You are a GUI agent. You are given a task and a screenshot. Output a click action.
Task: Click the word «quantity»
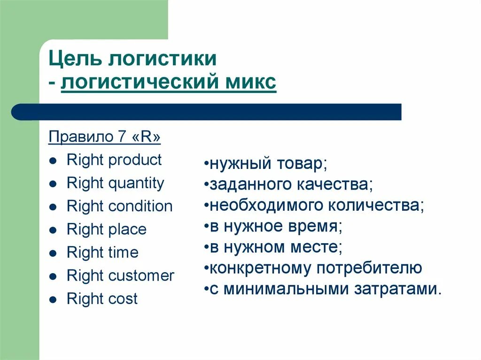click(x=136, y=183)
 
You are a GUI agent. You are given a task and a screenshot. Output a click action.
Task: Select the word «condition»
click(x=140, y=206)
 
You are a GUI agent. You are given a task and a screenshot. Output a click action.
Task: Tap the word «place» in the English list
click(x=127, y=229)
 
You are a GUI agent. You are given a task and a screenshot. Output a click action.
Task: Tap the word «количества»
click(x=375, y=206)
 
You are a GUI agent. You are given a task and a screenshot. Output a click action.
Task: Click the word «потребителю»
click(x=369, y=268)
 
